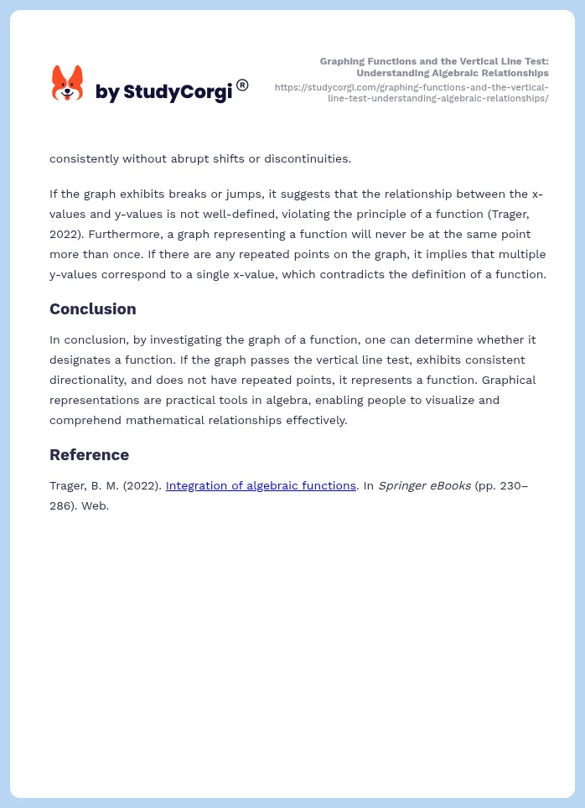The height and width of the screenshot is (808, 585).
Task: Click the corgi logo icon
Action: [x=67, y=84]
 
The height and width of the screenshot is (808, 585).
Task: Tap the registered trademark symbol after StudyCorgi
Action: [x=242, y=85]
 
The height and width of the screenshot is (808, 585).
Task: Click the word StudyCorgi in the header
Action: [x=177, y=92]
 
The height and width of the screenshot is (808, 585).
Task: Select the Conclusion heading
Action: [x=92, y=309]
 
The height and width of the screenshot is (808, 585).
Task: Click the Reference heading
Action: [x=89, y=455]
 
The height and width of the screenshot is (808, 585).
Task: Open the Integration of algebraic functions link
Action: [x=261, y=485]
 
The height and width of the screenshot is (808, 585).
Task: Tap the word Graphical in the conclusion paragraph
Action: [x=508, y=380]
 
